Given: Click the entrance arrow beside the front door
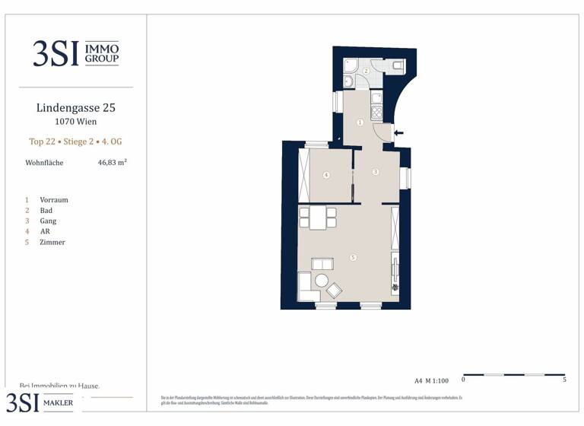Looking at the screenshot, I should pos(399,133).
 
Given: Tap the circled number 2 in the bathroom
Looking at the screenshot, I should pos(366,71).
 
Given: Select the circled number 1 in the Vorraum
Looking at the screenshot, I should pos(360,122).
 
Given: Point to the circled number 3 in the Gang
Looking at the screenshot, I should pos(375,172).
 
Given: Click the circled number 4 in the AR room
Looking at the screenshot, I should pos(326,175).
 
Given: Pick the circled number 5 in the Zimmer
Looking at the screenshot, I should pos(353,258).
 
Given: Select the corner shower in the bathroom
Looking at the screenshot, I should pos(351,64).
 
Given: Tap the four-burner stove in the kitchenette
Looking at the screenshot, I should pos(376,112).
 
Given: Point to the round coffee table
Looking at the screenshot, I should pos(322,281).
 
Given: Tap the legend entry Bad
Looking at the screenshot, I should pos(46,211).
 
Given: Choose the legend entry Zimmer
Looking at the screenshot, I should pos(52,243).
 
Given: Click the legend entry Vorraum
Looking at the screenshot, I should pos(54,200).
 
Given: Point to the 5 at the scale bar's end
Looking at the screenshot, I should pos(564,379).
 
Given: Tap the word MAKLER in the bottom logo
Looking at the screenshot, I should pos(58,402).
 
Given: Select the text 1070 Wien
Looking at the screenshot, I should pos(76,122).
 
